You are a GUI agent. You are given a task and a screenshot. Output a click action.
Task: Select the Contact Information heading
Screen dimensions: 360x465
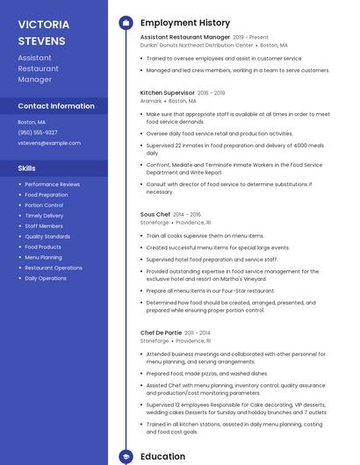click(56, 106)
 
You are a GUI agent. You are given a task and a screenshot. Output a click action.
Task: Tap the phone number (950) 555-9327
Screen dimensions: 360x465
click(38, 132)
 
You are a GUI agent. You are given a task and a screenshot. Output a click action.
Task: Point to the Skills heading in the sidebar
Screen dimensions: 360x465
click(27, 168)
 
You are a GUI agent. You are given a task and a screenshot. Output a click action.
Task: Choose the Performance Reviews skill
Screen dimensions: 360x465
click(52, 184)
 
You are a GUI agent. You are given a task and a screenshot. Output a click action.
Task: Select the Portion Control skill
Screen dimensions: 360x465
click(44, 205)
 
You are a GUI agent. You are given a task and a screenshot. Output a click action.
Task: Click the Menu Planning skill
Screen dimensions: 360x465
click(43, 257)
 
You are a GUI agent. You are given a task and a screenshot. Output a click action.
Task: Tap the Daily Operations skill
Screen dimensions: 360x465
click(46, 278)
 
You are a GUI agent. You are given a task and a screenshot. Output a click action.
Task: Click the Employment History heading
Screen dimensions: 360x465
click(185, 23)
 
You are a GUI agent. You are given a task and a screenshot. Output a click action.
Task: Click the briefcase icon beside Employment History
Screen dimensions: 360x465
click(126, 23)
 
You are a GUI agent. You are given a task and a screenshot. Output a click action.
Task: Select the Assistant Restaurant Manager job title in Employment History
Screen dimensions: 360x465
click(184, 38)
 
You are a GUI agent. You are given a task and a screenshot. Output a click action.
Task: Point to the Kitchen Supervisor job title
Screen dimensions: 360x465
click(167, 92)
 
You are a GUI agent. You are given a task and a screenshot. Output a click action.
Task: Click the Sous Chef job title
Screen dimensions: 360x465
click(155, 214)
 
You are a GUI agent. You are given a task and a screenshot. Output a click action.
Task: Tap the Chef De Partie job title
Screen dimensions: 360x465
click(161, 333)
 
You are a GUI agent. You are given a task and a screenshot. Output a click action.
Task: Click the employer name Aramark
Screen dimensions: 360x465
click(151, 101)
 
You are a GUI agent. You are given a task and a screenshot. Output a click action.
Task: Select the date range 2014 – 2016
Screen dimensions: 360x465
click(187, 214)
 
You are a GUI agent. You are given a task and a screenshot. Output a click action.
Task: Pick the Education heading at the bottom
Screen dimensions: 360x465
click(162, 456)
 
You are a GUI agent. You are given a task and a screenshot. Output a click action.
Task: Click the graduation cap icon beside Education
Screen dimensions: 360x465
click(126, 456)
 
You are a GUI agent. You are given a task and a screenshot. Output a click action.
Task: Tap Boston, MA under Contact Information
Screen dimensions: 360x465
click(32, 122)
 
